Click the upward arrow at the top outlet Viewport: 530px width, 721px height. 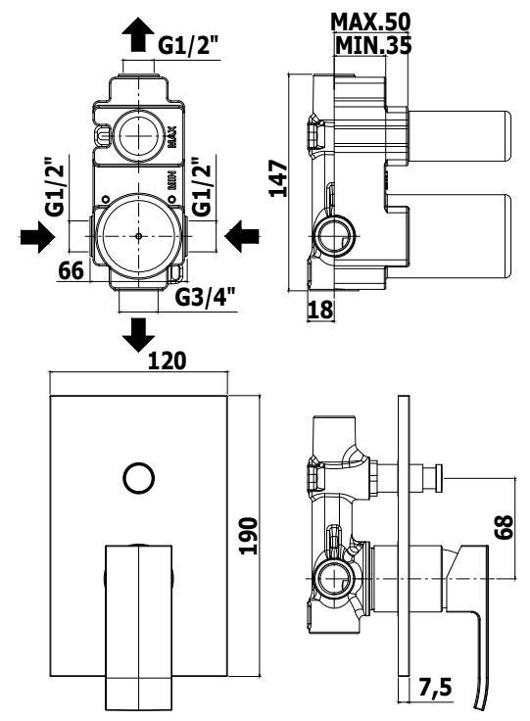tap(138, 36)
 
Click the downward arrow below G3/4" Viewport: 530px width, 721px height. tap(138, 335)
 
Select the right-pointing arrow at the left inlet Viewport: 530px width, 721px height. tap(37, 237)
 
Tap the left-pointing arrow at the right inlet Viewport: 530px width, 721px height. tap(242, 237)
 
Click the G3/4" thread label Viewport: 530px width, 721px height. tap(206, 298)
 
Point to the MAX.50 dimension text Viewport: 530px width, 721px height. tap(370, 23)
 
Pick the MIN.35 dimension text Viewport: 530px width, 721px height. tap(373, 45)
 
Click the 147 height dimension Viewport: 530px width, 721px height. tap(278, 178)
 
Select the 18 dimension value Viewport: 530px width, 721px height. tap(320, 309)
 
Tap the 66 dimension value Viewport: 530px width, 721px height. tap(72, 270)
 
